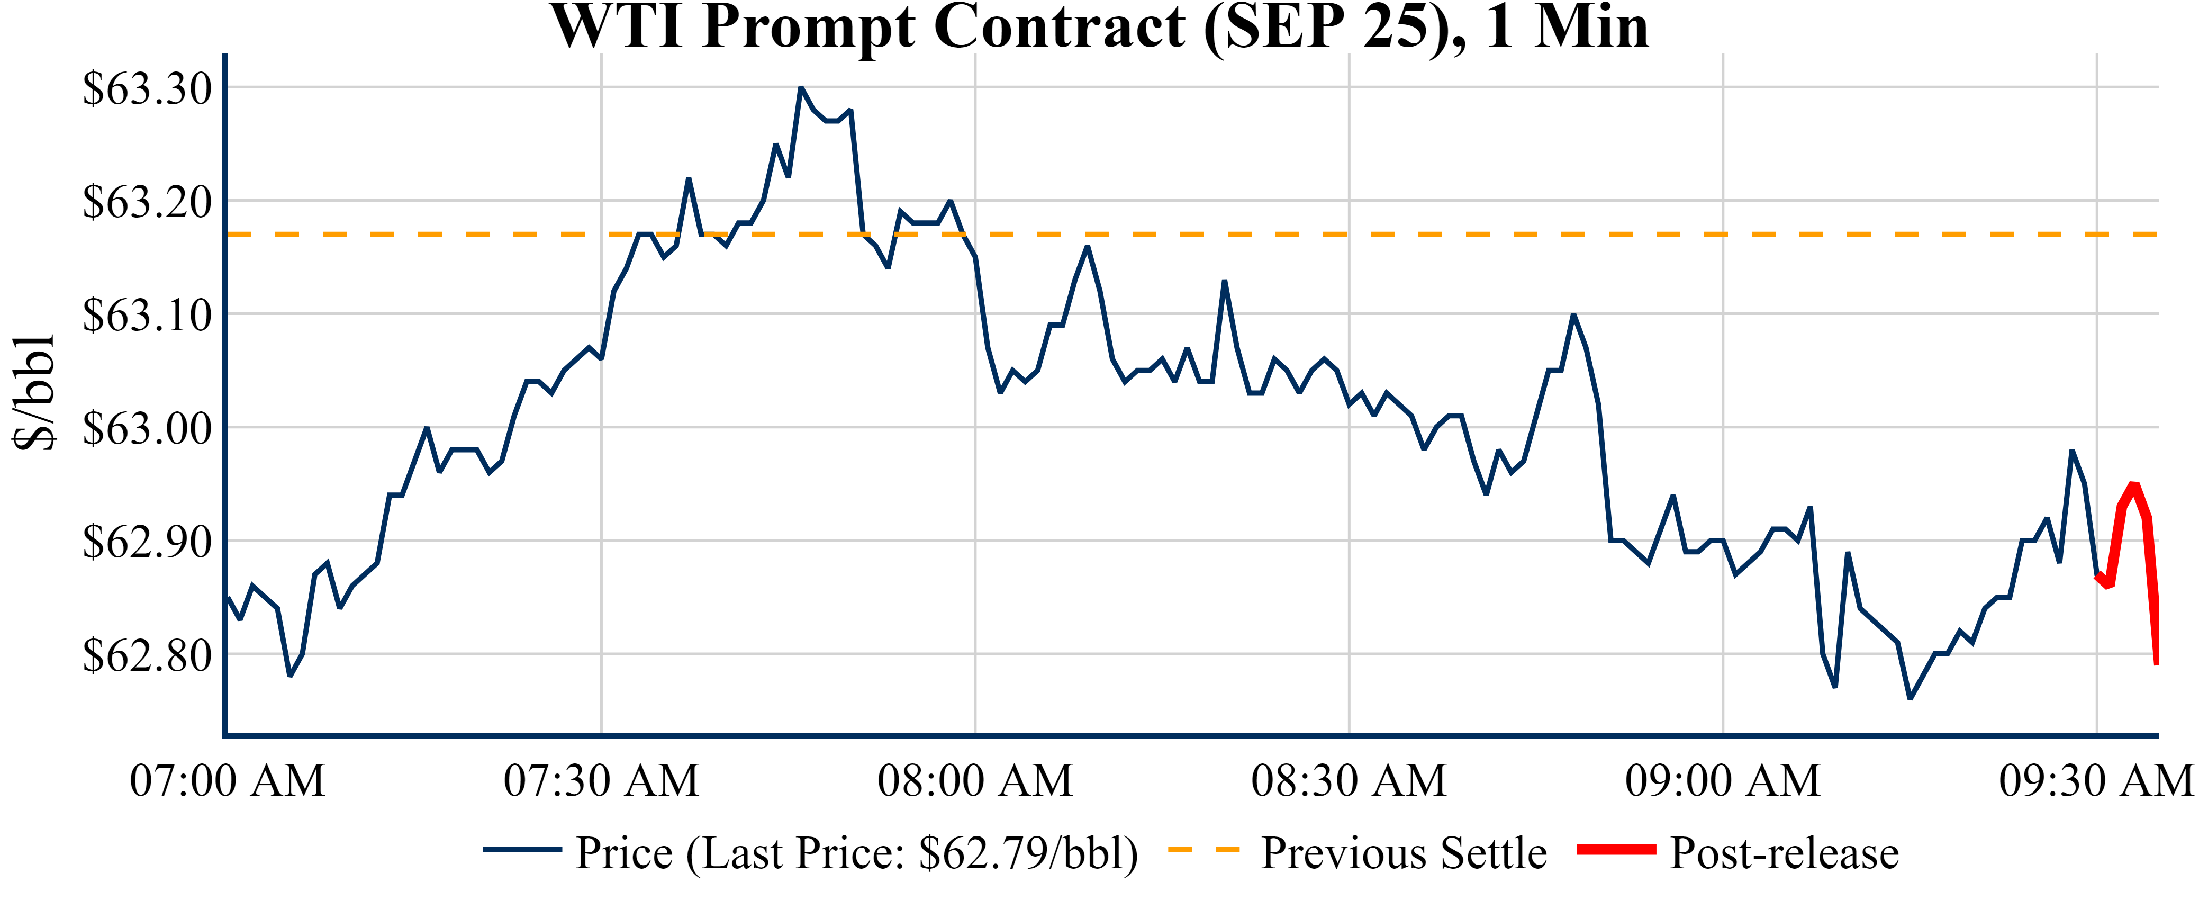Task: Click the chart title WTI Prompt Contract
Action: tap(1100, 28)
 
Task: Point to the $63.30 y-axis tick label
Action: tap(147, 89)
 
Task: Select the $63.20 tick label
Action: tap(147, 202)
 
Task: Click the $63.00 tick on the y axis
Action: tap(147, 429)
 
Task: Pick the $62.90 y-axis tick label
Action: tap(147, 542)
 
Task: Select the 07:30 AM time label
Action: tap(601, 780)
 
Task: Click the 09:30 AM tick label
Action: tap(2096, 780)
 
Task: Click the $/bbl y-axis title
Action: tap(34, 393)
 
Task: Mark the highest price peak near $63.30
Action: tap(801, 88)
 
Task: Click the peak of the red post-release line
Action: tap(2133, 485)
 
